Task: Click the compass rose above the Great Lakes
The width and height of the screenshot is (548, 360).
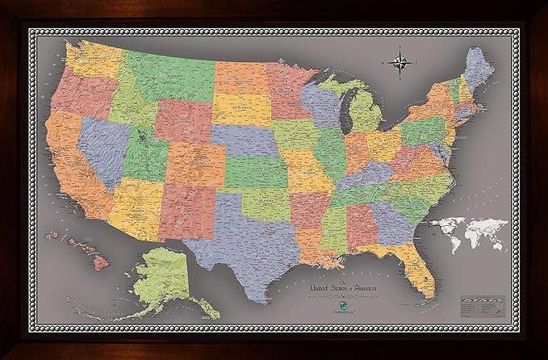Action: point(401,63)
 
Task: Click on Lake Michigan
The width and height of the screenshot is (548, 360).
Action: point(344,109)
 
